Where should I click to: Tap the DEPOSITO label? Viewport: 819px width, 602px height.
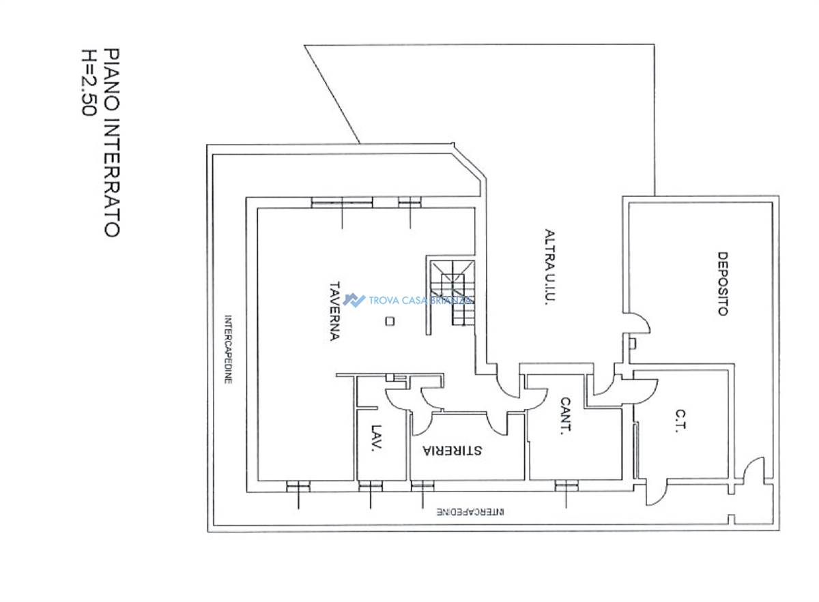tap(722, 283)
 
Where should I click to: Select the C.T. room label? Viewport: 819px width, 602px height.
tap(681, 421)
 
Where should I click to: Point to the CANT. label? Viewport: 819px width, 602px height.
tap(565, 416)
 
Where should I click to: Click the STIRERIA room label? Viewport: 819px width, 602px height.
tap(452, 450)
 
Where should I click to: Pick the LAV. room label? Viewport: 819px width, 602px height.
tap(377, 438)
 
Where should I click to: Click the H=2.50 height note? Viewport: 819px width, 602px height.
tap(88, 82)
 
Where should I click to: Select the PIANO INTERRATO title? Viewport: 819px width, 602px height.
tap(112, 142)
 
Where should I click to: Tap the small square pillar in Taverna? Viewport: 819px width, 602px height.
tap(390, 321)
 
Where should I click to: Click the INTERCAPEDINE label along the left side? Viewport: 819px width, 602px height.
tap(228, 349)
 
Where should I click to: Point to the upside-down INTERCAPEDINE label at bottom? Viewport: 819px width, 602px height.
tap(471, 512)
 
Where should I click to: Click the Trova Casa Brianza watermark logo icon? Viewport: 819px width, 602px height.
tap(354, 300)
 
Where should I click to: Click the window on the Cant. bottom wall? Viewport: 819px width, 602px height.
tap(566, 486)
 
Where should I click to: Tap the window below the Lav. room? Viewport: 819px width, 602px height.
tap(371, 486)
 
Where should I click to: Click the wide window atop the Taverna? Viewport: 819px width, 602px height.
tap(342, 202)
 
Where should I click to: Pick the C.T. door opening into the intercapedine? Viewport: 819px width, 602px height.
tap(656, 492)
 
